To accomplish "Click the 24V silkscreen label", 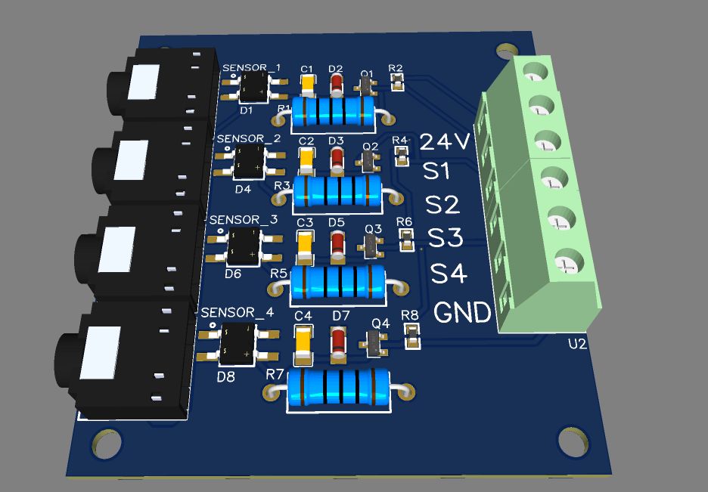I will coord(445,141).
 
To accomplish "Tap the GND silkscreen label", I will coord(462,312).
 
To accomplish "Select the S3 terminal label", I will coord(445,238).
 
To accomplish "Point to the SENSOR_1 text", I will coord(251,68).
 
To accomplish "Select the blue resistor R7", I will coord(339,388).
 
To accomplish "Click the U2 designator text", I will coord(577,345).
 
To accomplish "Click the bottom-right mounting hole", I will coord(573,441).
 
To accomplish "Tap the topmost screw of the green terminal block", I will coord(534,73).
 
